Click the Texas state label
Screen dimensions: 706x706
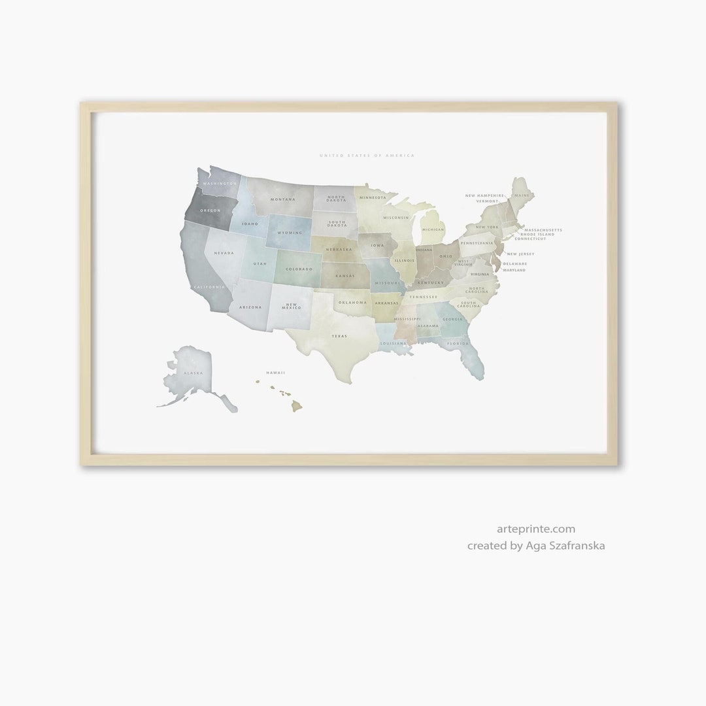(339, 336)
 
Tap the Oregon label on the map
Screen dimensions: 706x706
(210, 210)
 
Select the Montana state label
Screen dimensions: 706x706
(284, 199)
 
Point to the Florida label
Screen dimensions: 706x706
(458, 343)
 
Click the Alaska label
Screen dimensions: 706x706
(193, 373)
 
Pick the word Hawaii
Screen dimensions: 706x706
(275, 373)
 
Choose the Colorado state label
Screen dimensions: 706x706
(298, 269)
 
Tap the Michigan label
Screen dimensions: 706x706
(433, 229)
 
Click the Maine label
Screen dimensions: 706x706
(521, 195)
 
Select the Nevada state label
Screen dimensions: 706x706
(224, 253)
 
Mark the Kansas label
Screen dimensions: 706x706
(345, 276)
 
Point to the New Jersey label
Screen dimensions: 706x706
(521, 254)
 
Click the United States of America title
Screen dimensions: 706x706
(367, 156)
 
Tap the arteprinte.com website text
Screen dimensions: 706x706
(535, 529)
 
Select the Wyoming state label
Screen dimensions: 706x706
(290, 233)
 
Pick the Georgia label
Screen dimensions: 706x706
(452, 319)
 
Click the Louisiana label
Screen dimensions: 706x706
(394, 343)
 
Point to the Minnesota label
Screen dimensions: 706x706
(373, 197)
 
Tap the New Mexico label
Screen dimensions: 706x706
(292, 306)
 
